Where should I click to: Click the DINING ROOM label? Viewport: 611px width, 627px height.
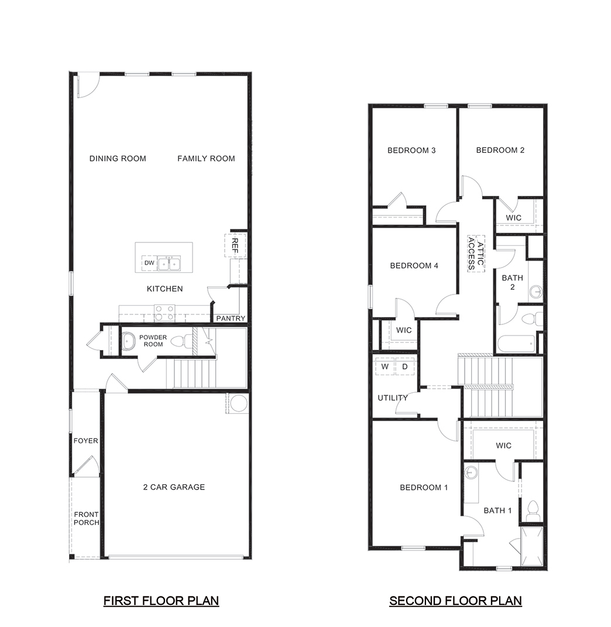pyautogui.click(x=118, y=158)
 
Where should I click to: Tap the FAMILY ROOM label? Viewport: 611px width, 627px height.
pyautogui.click(x=206, y=158)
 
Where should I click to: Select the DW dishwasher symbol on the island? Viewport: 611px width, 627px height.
pyautogui.click(x=149, y=263)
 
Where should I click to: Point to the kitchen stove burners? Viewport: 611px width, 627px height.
pyautogui.click(x=164, y=313)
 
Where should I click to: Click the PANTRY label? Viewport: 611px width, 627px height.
pyautogui.click(x=231, y=318)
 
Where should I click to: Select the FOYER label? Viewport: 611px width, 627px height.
pyautogui.click(x=85, y=441)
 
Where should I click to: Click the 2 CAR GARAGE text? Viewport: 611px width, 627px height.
pyautogui.click(x=174, y=486)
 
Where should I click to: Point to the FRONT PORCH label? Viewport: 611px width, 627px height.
pyautogui.click(x=86, y=519)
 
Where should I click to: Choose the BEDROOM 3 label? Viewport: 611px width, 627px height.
pyautogui.click(x=411, y=150)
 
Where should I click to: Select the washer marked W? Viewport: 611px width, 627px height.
pyautogui.click(x=385, y=366)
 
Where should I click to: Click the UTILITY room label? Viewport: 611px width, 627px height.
pyautogui.click(x=392, y=398)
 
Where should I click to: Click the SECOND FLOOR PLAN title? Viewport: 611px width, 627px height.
pyautogui.click(x=455, y=601)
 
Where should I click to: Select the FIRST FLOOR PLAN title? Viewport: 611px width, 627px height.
pyautogui.click(x=161, y=601)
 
